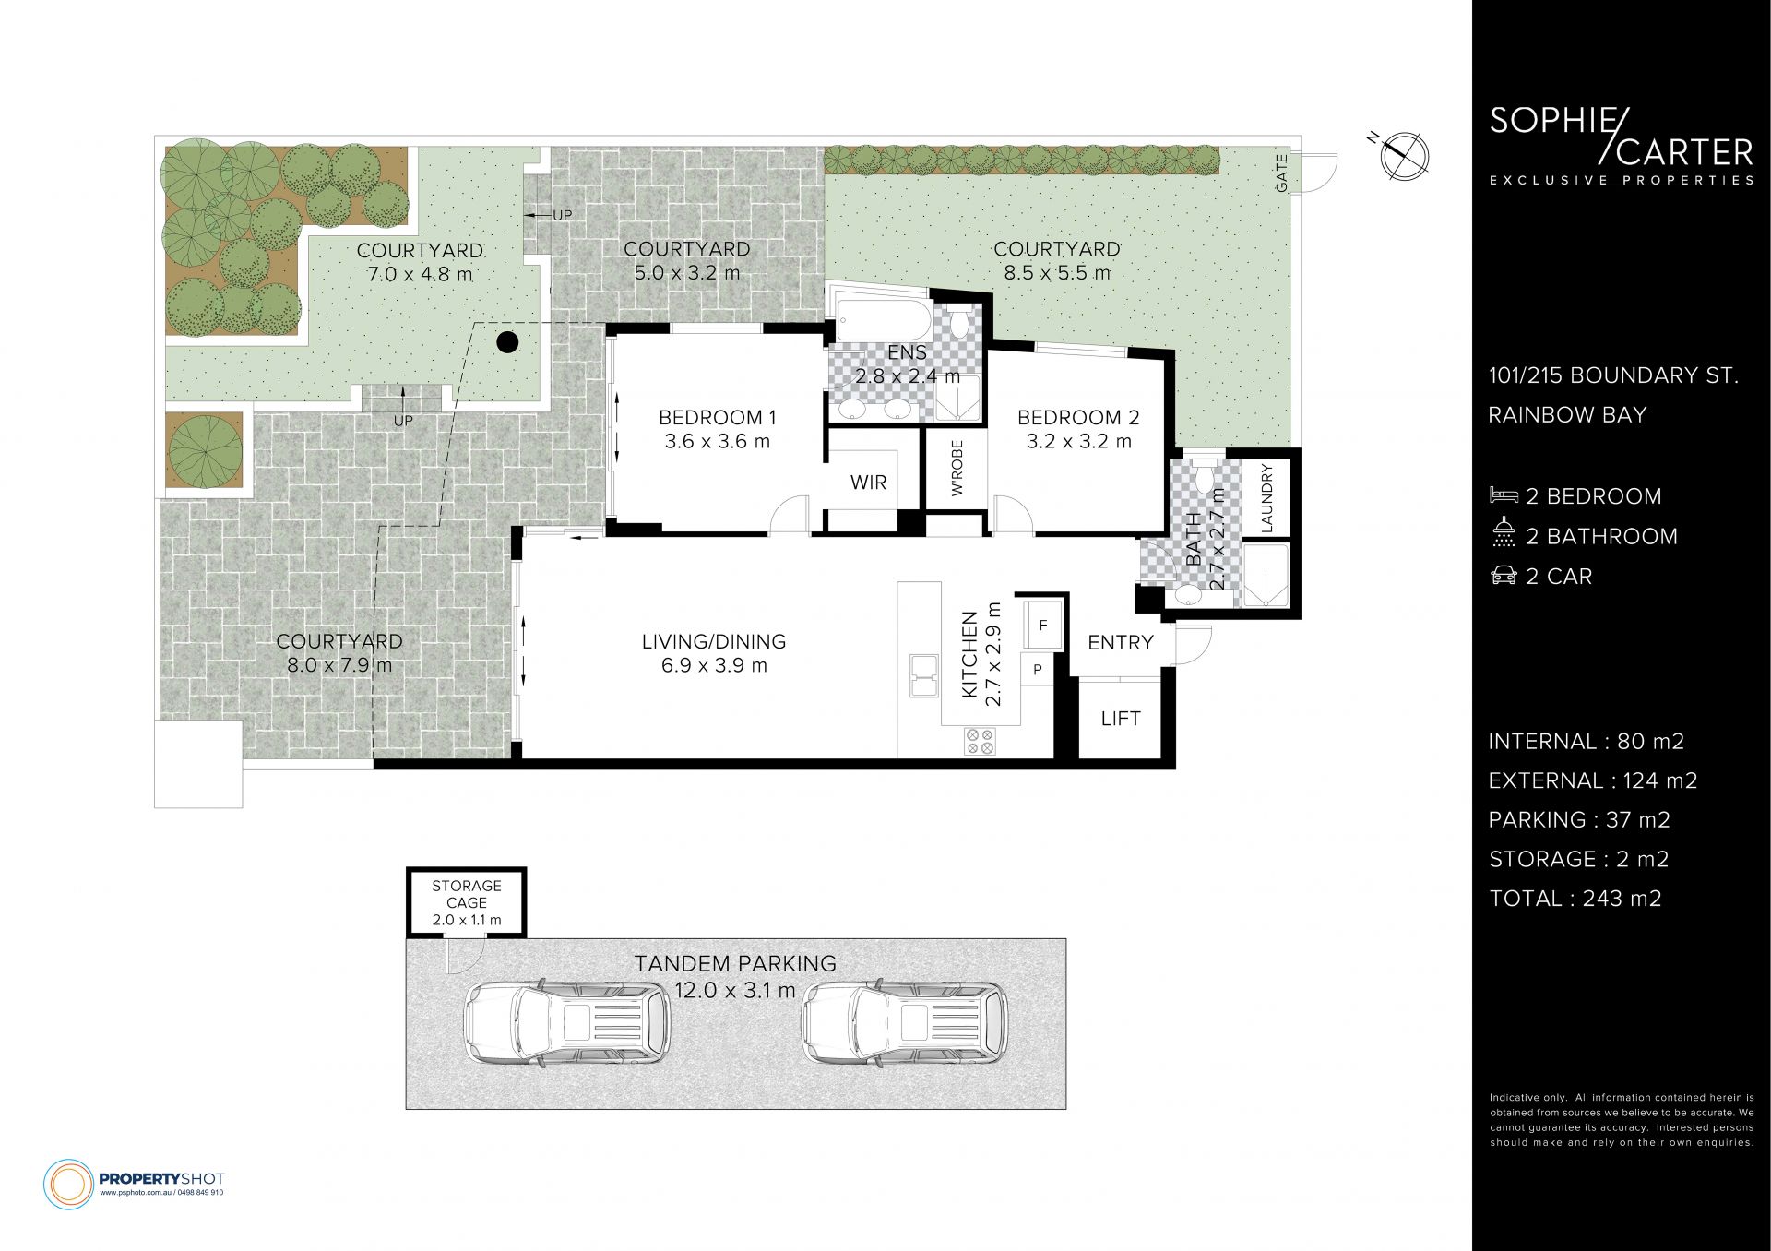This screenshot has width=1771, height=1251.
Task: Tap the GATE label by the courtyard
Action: tap(1281, 173)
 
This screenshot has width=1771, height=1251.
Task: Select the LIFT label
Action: tap(1121, 719)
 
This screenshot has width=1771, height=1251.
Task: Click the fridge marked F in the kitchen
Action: tap(1043, 625)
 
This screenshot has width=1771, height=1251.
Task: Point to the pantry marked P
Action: tap(1038, 670)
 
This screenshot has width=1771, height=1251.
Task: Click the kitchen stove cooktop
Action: tap(980, 741)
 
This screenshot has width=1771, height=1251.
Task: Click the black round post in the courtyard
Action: tap(507, 342)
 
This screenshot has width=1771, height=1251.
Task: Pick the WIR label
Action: tap(868, 483)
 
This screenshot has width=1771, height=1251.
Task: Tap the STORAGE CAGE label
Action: tap(467, 894)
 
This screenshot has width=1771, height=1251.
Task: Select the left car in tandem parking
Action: tap(567, 1024)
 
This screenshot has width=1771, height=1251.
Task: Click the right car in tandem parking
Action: tap(905, 1024)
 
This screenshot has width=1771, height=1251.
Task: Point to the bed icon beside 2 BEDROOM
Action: tap(1504, 496)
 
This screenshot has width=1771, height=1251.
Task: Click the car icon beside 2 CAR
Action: tap(1504, 576)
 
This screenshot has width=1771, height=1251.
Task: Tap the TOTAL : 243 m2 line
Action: tap(1575, 899)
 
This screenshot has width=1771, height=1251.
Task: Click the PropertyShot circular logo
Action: tap(69, 1184)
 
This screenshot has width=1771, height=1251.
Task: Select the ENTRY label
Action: tap(1121, 643)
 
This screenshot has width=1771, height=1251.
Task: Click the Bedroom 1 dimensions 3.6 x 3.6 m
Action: tap(717, 442)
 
